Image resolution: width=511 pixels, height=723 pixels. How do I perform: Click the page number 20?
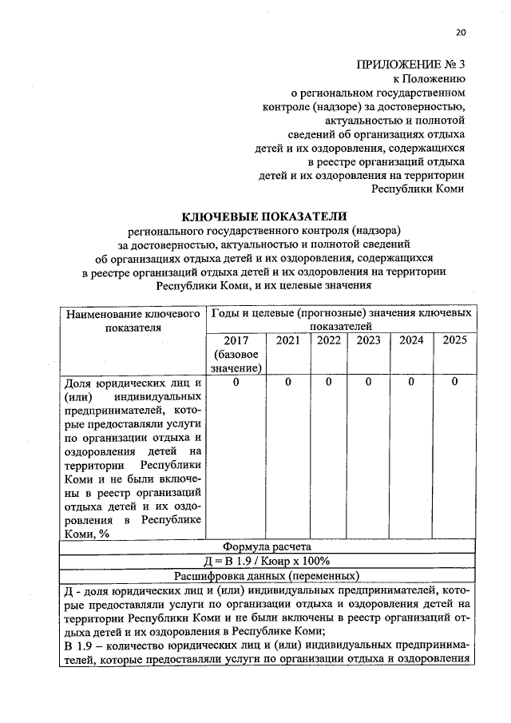click(460, 33)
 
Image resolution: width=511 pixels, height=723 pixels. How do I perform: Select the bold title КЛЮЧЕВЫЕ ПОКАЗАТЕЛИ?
click(266, 216)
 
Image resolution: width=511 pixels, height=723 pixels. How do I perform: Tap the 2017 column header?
click(237, 340)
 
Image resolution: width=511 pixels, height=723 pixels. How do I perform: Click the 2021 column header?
click(288, 340)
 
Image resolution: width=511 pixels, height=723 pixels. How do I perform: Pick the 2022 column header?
click(329, 340)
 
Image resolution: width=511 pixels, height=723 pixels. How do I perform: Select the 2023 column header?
click(369, 340)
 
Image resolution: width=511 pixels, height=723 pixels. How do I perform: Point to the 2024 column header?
click(411, 340)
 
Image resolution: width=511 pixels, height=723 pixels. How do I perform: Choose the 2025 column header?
click(454, 340)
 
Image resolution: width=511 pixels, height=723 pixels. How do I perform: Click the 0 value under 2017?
click(237, 382)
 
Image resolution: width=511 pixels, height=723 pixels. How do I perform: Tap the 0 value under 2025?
click(454, 382)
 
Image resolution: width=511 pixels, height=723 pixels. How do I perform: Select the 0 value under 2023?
click(369, 382)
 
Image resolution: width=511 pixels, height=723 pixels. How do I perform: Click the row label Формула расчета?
click(266, 546)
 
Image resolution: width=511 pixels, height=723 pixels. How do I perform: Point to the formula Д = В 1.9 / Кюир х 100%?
click(266, 561)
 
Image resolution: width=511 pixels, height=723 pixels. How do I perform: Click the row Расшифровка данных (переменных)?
click(266, 575)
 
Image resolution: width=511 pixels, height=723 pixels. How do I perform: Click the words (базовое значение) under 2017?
click(237, 360)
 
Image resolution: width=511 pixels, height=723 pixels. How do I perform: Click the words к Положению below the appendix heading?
click(429, 78)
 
